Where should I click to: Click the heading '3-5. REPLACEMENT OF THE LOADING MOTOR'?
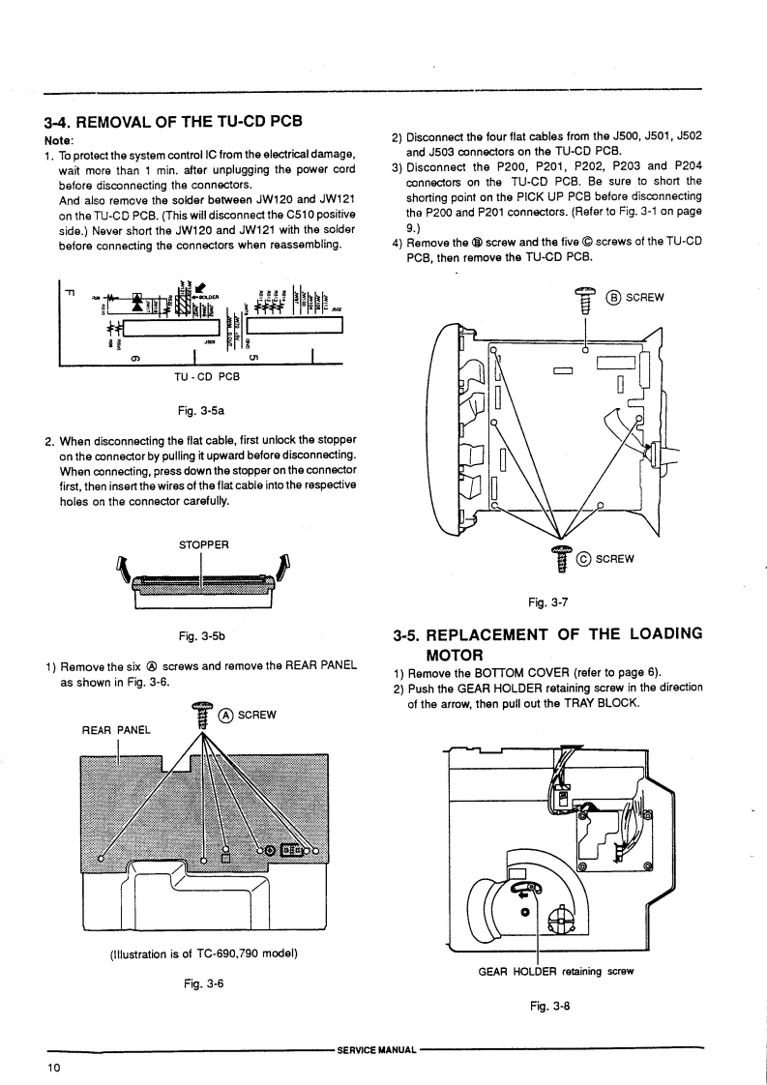547,645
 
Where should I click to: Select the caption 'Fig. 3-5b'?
203,635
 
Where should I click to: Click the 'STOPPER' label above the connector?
203,544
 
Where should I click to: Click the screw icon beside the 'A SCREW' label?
203,714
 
